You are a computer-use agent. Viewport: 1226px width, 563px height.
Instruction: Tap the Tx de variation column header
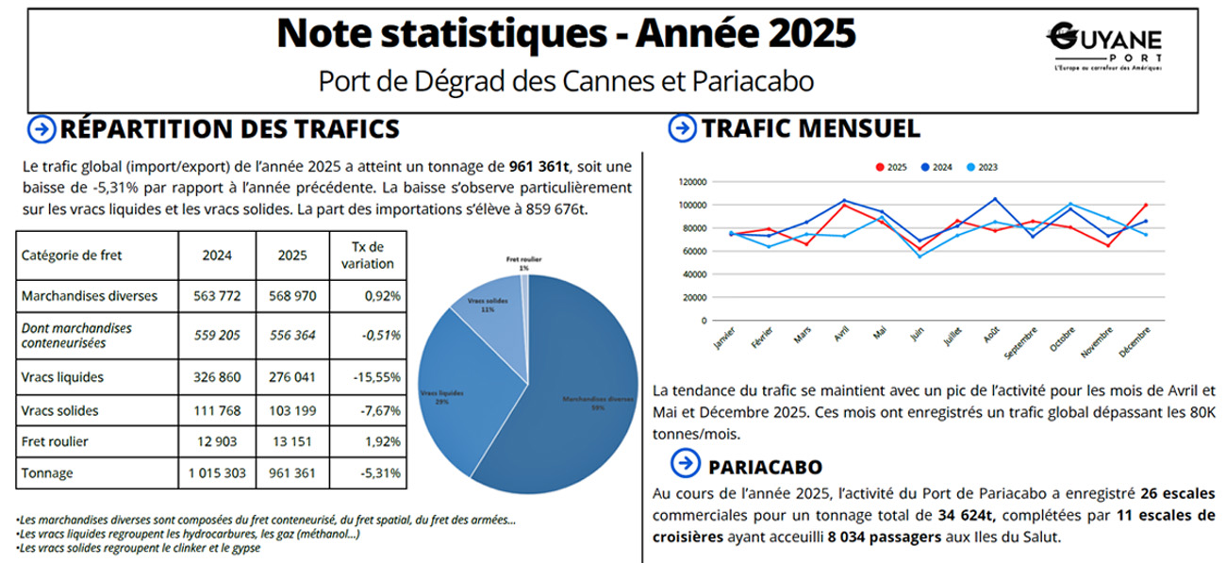coord(367,255)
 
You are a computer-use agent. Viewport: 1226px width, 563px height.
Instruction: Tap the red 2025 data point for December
coord(1145,205)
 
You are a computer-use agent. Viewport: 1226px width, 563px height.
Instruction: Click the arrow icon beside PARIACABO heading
coord(685,464)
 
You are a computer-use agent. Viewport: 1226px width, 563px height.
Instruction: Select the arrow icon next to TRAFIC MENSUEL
coord(680,128)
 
